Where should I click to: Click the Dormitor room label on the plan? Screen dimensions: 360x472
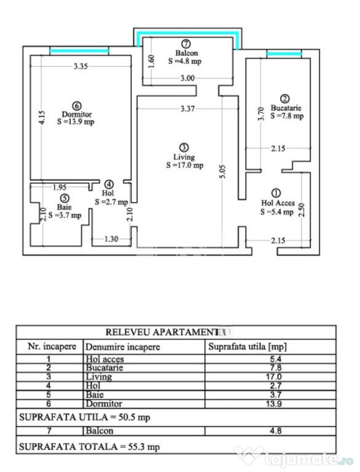point(77,114)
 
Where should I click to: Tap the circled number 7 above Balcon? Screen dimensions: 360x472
point(186,44)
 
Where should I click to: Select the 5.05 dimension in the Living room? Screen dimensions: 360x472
point(222,171)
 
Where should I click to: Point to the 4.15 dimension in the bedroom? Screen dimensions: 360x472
point(42,118)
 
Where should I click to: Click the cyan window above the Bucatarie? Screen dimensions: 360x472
point(284,54)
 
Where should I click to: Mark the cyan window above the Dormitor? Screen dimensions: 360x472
point(79,51)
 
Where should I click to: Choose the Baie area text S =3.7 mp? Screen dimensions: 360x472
point(65,215)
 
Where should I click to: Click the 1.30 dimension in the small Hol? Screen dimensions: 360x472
point(111,239)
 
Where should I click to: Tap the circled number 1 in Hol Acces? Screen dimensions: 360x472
point(276,193)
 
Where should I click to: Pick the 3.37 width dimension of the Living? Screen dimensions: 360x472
point(187,108)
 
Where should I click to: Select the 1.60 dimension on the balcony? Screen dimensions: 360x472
point(151,61)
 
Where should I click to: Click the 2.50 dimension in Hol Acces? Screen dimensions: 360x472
point(302,210)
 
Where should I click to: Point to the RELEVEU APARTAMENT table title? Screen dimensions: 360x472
point(162,332)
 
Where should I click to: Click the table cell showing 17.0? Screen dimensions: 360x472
point(273,377)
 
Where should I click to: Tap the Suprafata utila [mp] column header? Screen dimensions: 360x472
point(248,347)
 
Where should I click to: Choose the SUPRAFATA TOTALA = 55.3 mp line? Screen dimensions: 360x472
point(89,447)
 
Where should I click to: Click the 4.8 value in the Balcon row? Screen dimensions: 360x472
point(275,431)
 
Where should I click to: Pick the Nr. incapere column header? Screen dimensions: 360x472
point(52,347)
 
